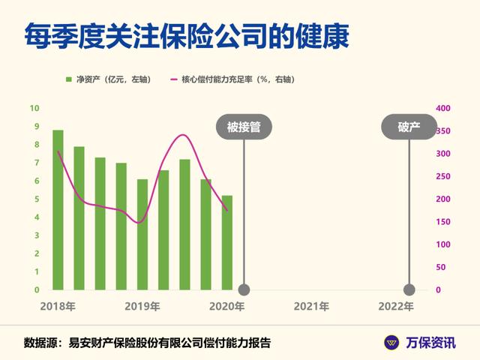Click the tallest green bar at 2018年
pos(58,210)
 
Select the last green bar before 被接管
pos(226,242)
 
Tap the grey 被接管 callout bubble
pos(244,127)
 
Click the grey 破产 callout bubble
pos(409,127)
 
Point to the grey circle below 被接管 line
pos(244,289)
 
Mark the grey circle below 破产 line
pos(409,289)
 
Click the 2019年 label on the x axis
pos(142,306)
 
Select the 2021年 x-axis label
pos(311,306)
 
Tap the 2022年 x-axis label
pos(396,306)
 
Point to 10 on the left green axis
pos(34,108)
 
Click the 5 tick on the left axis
pos(37,199)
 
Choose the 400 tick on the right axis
pos(443,108)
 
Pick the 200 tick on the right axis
pos(443,199)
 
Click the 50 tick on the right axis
pos(440,267)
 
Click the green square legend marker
pos(69,79)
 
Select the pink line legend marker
pos(173,79)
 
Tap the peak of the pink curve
pos(183,135)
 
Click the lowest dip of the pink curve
pos(139,223)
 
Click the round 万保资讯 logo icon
pos(391,343)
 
